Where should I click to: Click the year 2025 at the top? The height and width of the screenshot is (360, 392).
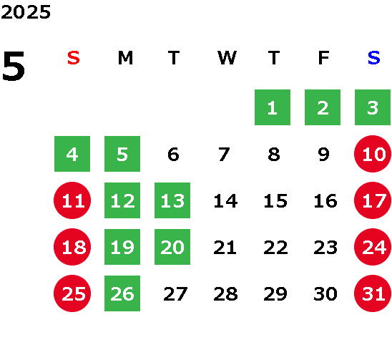point(26,12)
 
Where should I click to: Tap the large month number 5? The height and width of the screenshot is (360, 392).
point(14,66)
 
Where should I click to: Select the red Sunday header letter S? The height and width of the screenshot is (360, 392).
point(74,58)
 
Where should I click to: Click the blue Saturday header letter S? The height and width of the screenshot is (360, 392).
point(373,58)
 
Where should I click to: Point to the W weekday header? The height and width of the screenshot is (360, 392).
point(227,58)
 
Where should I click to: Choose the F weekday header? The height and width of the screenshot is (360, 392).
point(324,58)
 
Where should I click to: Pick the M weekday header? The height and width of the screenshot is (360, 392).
point(125,58)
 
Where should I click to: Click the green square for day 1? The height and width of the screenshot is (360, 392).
point(273,107)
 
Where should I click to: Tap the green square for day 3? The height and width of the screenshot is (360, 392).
point(373,107)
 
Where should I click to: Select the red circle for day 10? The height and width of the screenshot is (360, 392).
point(373,154)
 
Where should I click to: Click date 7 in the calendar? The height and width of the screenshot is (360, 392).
point(224,154)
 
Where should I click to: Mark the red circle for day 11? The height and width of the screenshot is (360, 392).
point(72,200)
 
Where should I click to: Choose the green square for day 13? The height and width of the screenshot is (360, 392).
point(172,200)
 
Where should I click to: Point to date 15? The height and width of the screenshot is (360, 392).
point(275,200)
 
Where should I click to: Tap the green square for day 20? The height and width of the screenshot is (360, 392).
point(172,247)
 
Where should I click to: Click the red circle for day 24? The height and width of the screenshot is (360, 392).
point(373,247)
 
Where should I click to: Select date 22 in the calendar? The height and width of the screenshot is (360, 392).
point(275,248)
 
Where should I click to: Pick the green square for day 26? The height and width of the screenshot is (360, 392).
point(122,293)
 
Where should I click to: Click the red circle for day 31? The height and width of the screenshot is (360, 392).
point(373,293)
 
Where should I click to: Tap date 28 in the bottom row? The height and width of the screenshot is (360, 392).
point(225,294)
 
